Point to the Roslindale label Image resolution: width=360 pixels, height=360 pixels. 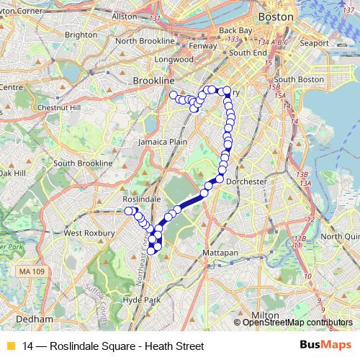pos(141,198)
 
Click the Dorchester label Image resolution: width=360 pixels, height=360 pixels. pos(246,182)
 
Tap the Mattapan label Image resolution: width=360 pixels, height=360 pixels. pos(218,255)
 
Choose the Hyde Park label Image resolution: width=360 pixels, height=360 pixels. pos(140,299)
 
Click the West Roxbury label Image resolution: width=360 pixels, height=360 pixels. pos(90,233)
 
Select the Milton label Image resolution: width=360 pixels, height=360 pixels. pos(267,315)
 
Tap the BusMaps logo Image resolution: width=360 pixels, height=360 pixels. pos(321,346)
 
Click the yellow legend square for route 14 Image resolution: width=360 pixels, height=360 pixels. pos(10,346)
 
